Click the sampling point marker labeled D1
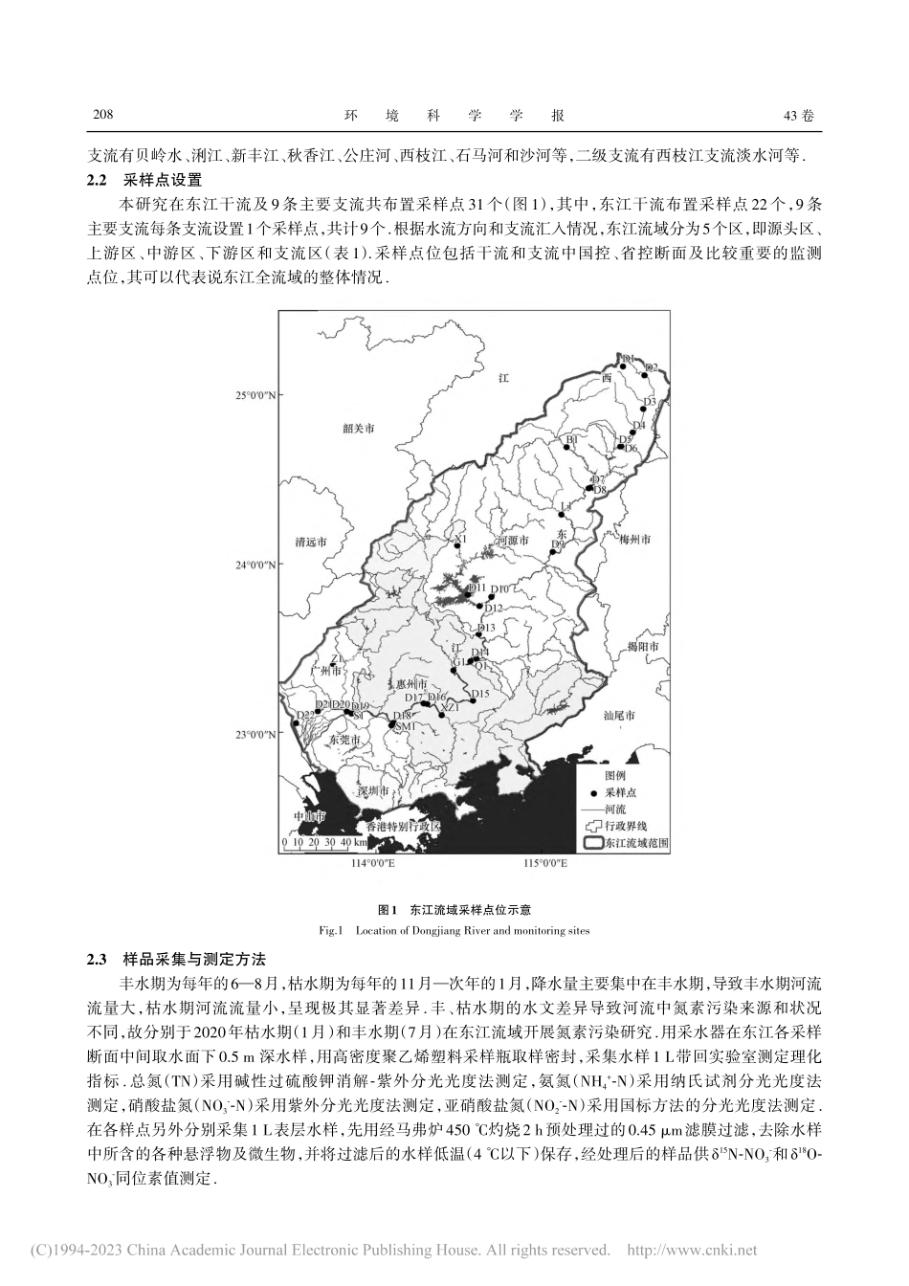(x=623, y=365)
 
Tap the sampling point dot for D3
(x=657, y=408)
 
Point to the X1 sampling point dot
(x=457, y=546)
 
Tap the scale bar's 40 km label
(x=347, y=843)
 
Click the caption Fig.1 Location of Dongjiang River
(x=454, y=929)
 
